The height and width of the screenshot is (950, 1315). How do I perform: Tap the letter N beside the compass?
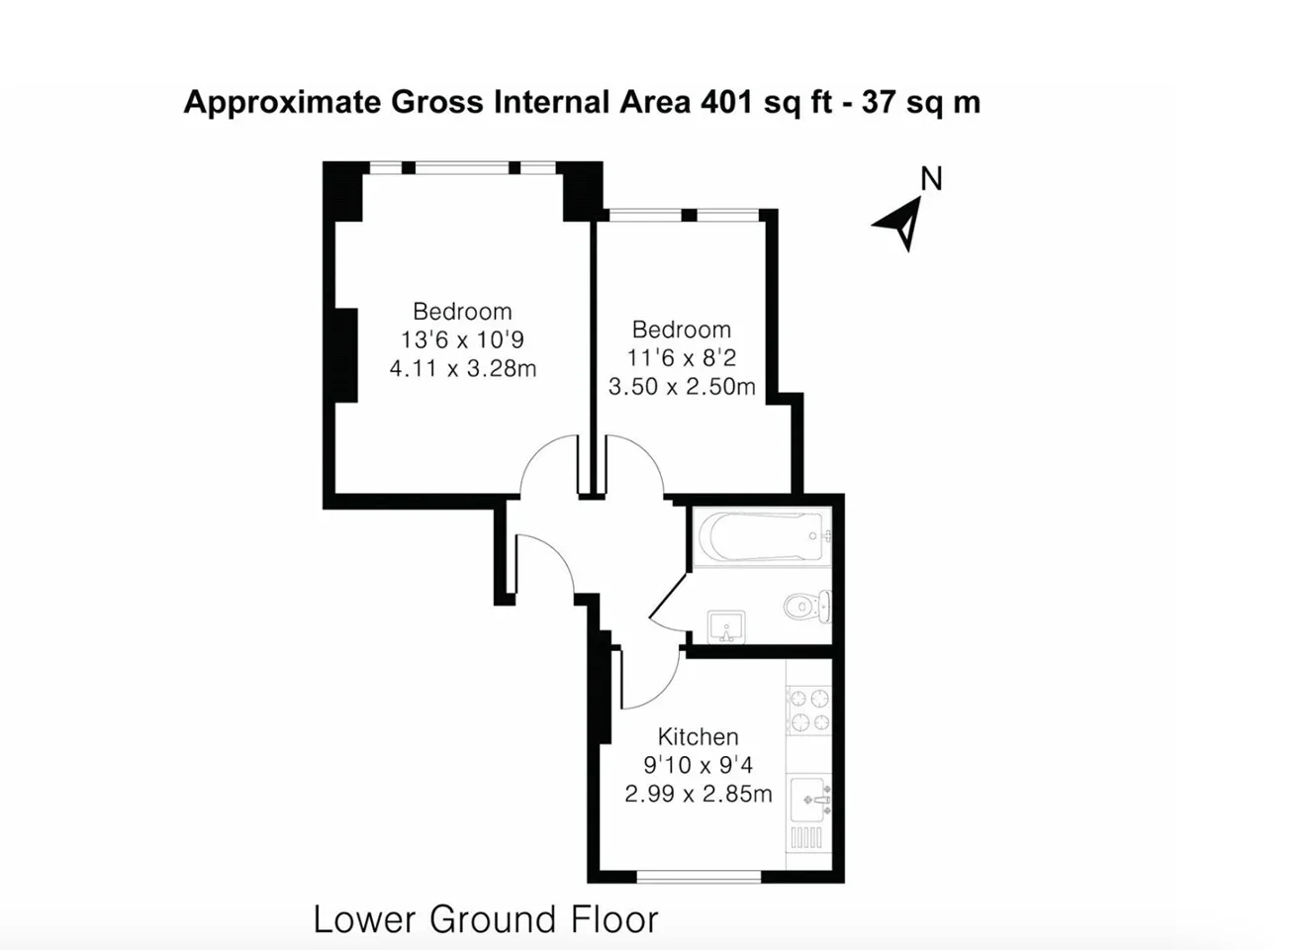pyautogui.click(x=931, y=178)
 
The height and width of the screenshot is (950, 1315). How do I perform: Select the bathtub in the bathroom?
pyautogui.click(x=763, y=536)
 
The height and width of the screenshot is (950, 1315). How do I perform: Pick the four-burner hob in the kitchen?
pyautogui.click(x=809, y=710)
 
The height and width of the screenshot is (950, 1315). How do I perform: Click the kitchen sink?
pyautogui.click(x=810, y=800)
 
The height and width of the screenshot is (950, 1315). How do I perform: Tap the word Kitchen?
pyautogui.click(x=698, y=736)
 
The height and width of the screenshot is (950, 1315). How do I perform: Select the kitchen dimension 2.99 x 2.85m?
pyautogui.click(x=698, y=794)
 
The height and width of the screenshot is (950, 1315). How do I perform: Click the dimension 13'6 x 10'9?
pyautogui.click(x=462, y=339)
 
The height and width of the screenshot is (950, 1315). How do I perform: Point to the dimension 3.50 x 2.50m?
pyautogui.click(x=682, y=386)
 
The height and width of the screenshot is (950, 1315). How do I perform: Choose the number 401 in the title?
pyautogui.click(x=726, y=102)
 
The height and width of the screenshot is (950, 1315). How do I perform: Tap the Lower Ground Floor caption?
pyautogui.click(x=486, y=919)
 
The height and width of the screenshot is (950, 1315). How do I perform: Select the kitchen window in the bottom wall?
pyautogui.click(x=699, y=877)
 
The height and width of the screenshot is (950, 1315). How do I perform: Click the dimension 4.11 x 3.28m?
pyautogui.click(x=463, y=368)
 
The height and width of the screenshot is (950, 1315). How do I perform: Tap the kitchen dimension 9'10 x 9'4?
pyautogui.click(x=698, y=765)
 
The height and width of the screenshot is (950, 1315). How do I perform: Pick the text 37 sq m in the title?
pyautogui.click(x=920, y=103)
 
